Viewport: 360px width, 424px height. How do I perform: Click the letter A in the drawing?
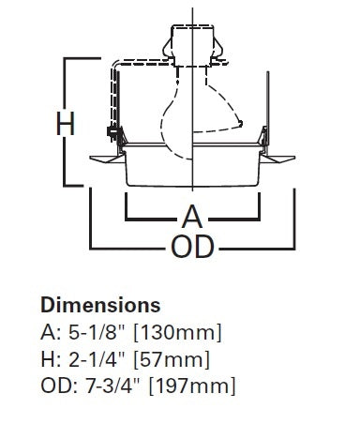[x=191, y=217]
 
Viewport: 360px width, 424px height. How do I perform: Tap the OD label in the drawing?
[x=192, y=247]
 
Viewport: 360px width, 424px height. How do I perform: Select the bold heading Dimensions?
[x=99, y=306]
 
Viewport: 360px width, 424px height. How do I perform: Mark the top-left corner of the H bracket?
[x=65, y=58]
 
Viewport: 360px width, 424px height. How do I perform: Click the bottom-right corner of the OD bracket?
[x=296, y=247]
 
